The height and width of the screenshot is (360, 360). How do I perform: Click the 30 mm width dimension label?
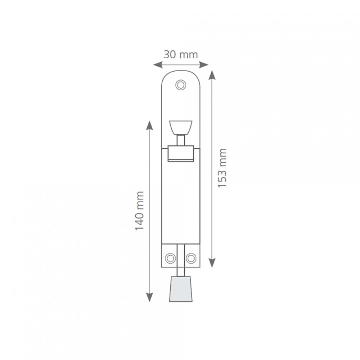pos(181,55)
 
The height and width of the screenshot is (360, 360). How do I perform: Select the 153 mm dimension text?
pos(222,168)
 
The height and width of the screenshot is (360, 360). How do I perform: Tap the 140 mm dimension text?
pos(139,211)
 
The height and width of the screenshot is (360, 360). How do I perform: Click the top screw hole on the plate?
pos(181,85)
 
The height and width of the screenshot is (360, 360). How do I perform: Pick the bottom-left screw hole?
pos(170,258)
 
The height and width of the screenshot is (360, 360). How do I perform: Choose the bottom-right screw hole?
pos(191,258)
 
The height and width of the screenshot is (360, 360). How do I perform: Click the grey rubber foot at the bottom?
pos(181,289)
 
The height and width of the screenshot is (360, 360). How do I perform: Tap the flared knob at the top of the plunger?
pos(181,128)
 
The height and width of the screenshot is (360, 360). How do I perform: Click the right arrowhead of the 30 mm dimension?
pos(204,65)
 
